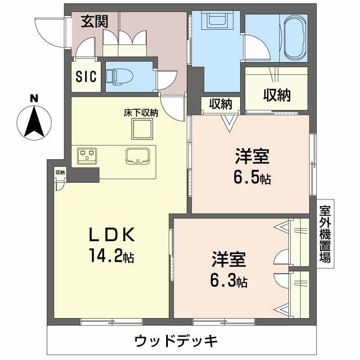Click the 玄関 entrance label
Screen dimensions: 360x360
[94, 22]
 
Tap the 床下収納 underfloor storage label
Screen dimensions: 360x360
[141, 113]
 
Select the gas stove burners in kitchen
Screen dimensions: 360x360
[87, 154]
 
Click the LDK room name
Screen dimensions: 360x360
[111, 235]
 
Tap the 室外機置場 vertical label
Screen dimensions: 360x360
[325, 234]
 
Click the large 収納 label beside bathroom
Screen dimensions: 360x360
[277, 95]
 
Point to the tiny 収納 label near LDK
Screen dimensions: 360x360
[60, 172]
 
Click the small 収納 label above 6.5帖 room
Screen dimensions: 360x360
[220, 104]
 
